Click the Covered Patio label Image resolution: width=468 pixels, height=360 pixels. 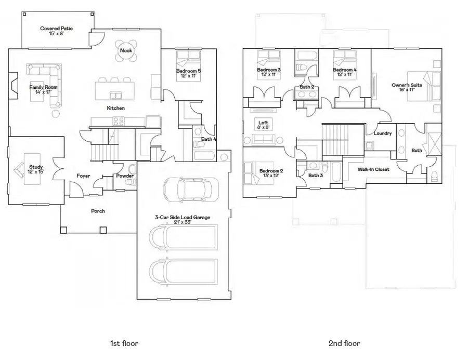[57, 28]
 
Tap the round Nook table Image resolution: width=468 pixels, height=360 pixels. [125, 50]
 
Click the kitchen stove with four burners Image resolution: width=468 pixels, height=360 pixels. [118, 122]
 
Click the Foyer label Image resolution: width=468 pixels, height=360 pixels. [83, 176]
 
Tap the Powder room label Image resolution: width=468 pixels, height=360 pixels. [125, 176]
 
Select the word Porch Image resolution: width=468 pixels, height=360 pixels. [98, 211]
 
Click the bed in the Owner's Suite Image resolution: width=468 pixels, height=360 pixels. [424, 85]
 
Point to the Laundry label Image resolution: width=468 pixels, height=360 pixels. [382, 134]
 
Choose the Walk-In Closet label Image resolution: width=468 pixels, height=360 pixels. [373, 169]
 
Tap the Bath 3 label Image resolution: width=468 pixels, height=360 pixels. [315, 175]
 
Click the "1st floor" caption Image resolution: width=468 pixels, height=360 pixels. [124, 343]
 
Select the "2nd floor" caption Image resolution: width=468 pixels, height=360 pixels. [344, 343]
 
